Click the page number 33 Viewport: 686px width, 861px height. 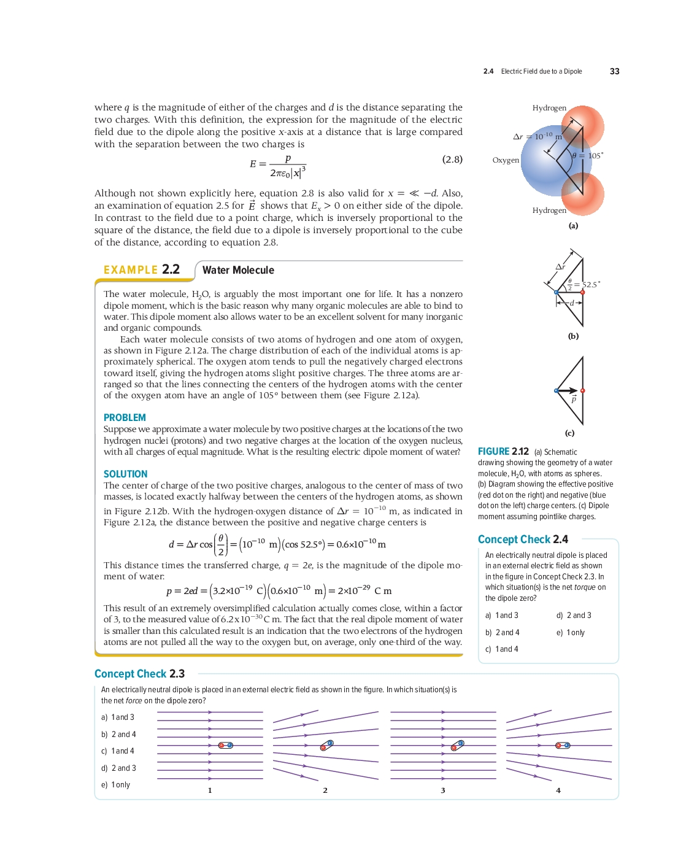pyautogui.click(x=614, y=71)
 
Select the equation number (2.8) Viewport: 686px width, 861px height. pyautogui.click(x=452, y=160)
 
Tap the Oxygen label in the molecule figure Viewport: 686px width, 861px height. pyautogui.click(x=506, y=160)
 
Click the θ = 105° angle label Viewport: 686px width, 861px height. pyautogui.click(x=587, y=156)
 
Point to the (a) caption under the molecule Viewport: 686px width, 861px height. pyautogui.click(x=573, y=226)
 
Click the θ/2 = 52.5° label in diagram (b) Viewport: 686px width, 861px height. pyautogui.click(x=583, y=284)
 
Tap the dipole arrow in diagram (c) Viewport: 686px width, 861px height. pyautogui.click(x=568, y=390)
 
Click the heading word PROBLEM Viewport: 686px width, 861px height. pyautogui.click(x=125, y=417)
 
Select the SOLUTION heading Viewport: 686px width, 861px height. pyautogui.click(x=125, y=474)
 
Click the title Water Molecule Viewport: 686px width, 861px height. pyautogui.click(x=238, y=270)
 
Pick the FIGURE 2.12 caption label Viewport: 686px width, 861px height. pyautogui.click(x=503, y=452)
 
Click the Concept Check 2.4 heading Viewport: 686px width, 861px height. pyautogui.click(x=523, y=539)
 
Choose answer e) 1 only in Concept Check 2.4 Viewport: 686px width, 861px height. pyautogui.click(x=571, y=633)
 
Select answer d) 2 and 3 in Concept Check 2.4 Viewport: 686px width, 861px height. pyautogui.click(x=574, y=616)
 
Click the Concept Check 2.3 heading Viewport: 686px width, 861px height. pyautogui.click(x=139, y=674)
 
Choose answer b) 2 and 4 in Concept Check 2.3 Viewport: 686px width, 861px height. pyautogui.click(x=118, y=735)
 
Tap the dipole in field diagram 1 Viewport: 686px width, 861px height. pyautogui.click(x=226, y=745)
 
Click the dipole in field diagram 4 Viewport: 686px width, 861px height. pyautogui.click(x=563, y=746)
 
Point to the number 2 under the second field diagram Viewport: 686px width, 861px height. pyautogui.click(x=325, y=790)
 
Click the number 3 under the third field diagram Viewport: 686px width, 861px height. pyautogui.click(x=443, y=790)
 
